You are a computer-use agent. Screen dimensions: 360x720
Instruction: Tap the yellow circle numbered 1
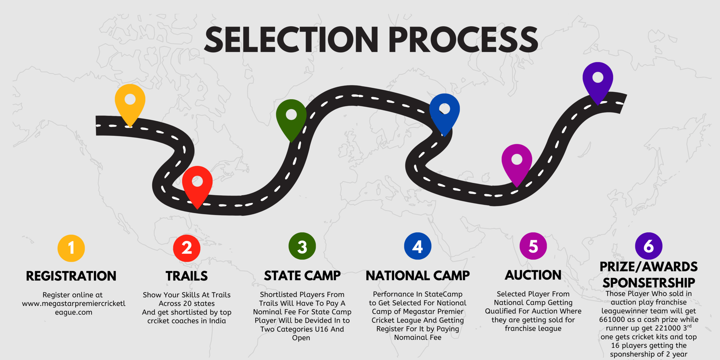click(71, 248)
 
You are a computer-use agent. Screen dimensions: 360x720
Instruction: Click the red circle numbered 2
click(187, 248)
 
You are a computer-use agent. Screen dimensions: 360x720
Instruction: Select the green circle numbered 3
click(302, 246)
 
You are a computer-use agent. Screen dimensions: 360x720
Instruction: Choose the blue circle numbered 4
click(418, 246)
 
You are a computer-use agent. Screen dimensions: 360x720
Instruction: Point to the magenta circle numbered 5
click(533, 246)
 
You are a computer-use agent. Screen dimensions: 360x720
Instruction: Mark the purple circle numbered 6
click(649, 246)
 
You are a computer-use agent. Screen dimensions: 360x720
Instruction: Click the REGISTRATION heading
click(71, 276)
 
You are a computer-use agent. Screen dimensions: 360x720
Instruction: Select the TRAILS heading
click(187, 276)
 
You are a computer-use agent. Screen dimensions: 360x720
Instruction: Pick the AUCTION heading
click(533, 275)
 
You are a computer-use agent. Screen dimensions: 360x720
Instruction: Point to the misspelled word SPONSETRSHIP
click(649, 283)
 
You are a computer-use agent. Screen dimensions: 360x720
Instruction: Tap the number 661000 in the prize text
click(611, 320)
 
